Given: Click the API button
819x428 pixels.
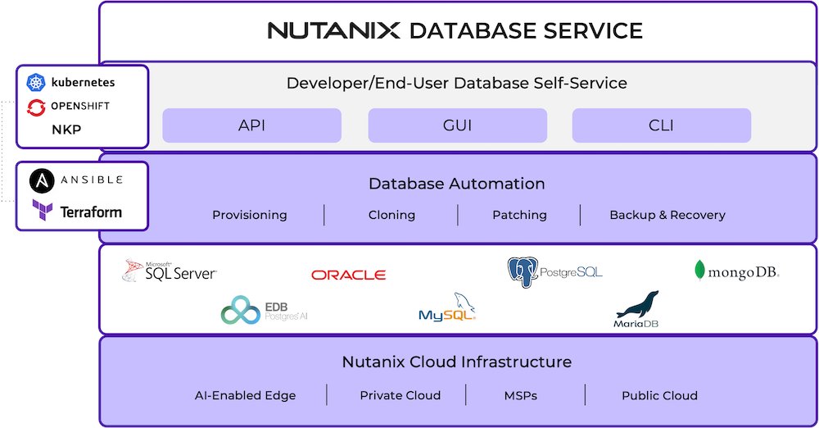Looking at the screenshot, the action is click(251, 125).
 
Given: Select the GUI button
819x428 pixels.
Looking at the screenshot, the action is click(458, 125).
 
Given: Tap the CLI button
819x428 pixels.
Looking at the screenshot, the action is click(662, 125).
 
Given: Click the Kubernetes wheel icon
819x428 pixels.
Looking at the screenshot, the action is click(36, 82).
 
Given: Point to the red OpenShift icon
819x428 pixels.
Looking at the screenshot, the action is click(36, 107).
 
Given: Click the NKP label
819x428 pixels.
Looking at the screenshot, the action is click(66, 130).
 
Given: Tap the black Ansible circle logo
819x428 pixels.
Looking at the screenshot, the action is click(42, 181).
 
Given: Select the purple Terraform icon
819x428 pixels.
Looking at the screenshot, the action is click(43, 210).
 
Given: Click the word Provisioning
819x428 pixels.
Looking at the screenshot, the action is click(250, 215).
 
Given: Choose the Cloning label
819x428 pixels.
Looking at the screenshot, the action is click(391, 215).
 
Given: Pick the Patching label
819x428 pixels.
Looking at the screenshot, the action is click(520, 215).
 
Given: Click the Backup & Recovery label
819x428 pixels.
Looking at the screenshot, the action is click(667, 215).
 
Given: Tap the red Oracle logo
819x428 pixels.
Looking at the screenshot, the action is click(348, 275).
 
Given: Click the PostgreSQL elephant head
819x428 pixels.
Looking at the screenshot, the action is click(523, 272).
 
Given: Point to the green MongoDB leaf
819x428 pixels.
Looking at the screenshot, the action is click(700, 270).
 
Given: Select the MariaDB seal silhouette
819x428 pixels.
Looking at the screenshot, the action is click(638, 304).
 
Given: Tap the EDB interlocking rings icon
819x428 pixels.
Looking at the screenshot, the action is click(240, 310).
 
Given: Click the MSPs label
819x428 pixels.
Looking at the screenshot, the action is click(521, 395).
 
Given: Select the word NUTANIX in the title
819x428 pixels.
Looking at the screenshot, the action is click(334, 30).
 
